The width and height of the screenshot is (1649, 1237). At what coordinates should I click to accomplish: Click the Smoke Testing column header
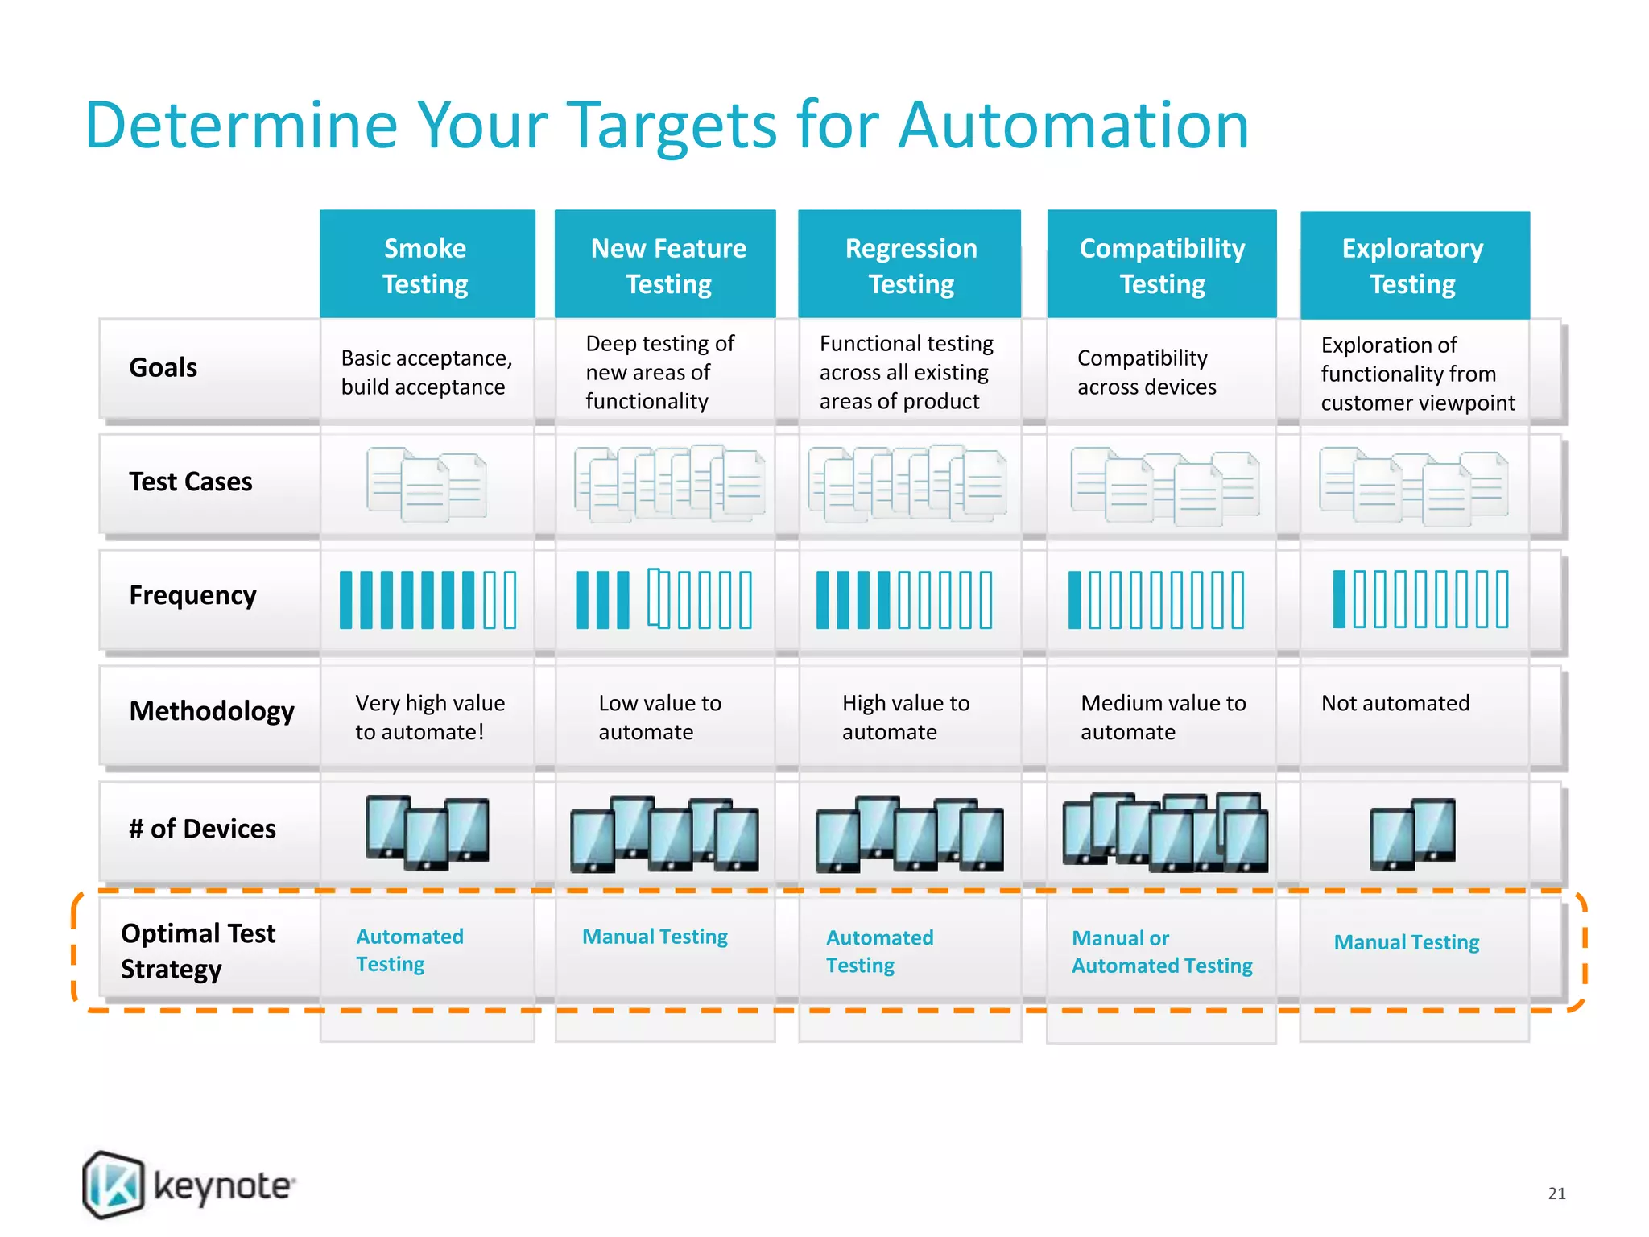pos(426,265)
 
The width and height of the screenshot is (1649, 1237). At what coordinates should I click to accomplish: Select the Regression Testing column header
pos(911,265)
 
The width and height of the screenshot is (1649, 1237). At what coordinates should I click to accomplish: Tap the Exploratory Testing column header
pos(1413,265)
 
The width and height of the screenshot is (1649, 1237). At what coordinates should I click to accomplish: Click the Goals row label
pos(163,367)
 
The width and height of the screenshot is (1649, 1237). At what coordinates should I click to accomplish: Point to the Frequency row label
pos(193,595)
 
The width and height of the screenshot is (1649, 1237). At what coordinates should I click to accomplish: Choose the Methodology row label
pos(212,711)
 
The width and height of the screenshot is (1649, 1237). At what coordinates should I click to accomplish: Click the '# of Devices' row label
pos(202,829)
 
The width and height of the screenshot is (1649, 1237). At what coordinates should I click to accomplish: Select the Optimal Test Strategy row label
pos(198,950)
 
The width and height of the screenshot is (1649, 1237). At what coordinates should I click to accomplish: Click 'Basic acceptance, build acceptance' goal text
pos(426,372)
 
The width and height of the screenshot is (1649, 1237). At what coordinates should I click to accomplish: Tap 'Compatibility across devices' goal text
pos(1147,372)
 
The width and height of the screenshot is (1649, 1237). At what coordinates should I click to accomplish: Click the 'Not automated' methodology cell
pos(1395,703)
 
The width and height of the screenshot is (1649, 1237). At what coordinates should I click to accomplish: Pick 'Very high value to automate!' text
pos(430,717)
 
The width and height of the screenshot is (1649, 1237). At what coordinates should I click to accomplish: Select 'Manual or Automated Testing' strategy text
pos(1162,952)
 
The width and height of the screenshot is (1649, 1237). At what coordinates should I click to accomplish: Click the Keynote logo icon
pos(114,1184)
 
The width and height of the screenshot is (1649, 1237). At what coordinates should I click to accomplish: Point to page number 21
pos(1556,1194)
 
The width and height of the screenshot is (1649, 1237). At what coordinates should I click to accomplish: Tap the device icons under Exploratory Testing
pos(1413,834)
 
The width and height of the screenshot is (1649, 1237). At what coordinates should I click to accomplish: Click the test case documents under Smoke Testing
pos(426,483)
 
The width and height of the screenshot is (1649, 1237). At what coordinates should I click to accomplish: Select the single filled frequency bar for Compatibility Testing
pos(1074,600)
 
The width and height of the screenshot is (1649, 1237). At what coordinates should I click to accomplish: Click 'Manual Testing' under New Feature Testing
pos(655,937)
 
